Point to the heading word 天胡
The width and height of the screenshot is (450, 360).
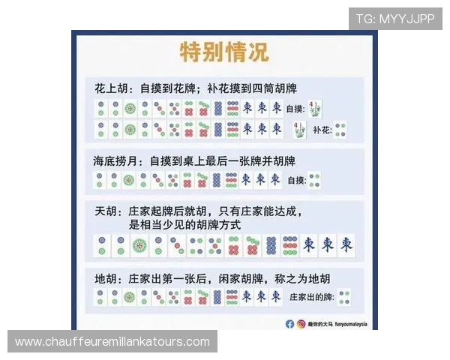click(106, 211)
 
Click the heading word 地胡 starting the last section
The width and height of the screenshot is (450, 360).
click(106, 277)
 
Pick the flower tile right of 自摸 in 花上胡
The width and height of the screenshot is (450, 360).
click(317, 108)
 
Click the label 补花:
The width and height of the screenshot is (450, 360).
click(322, 130)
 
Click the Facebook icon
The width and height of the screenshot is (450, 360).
click(289, 324)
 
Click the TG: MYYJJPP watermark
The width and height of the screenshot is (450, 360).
click(394, 18)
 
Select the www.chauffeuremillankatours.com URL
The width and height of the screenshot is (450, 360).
click(112, 342)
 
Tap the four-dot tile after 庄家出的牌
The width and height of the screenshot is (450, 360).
click(345, 297)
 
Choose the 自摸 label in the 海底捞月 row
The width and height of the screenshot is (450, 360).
click(296, 180)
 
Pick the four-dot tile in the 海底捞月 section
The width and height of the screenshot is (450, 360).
click(315, 180)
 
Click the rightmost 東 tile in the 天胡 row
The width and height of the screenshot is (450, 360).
click(346, 244)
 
